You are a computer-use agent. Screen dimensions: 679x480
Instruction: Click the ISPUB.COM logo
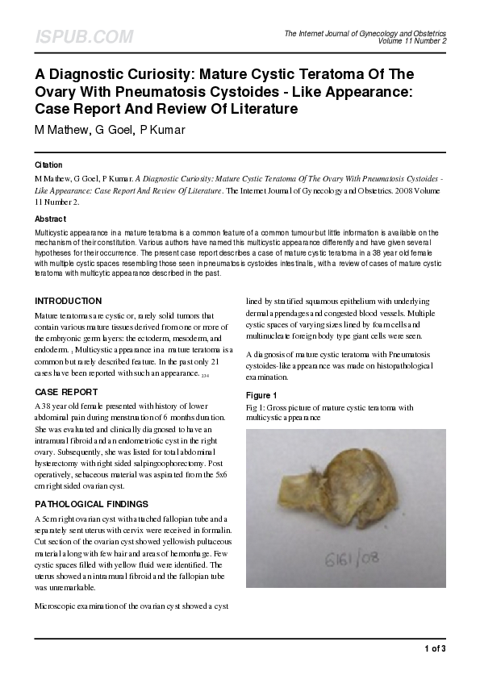(84, 37)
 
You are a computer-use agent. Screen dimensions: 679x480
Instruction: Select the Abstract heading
(50, 219)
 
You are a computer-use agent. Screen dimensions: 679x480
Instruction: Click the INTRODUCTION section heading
(68, 301)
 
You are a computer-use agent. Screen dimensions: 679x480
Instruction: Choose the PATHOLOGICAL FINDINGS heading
(91, 504)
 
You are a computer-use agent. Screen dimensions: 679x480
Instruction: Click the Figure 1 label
(262, 395)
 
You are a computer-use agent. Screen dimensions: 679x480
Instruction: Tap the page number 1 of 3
(434, 648)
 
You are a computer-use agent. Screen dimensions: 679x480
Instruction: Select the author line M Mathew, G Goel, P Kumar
(110, 129)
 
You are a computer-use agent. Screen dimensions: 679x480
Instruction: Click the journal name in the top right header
(365, 33)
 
